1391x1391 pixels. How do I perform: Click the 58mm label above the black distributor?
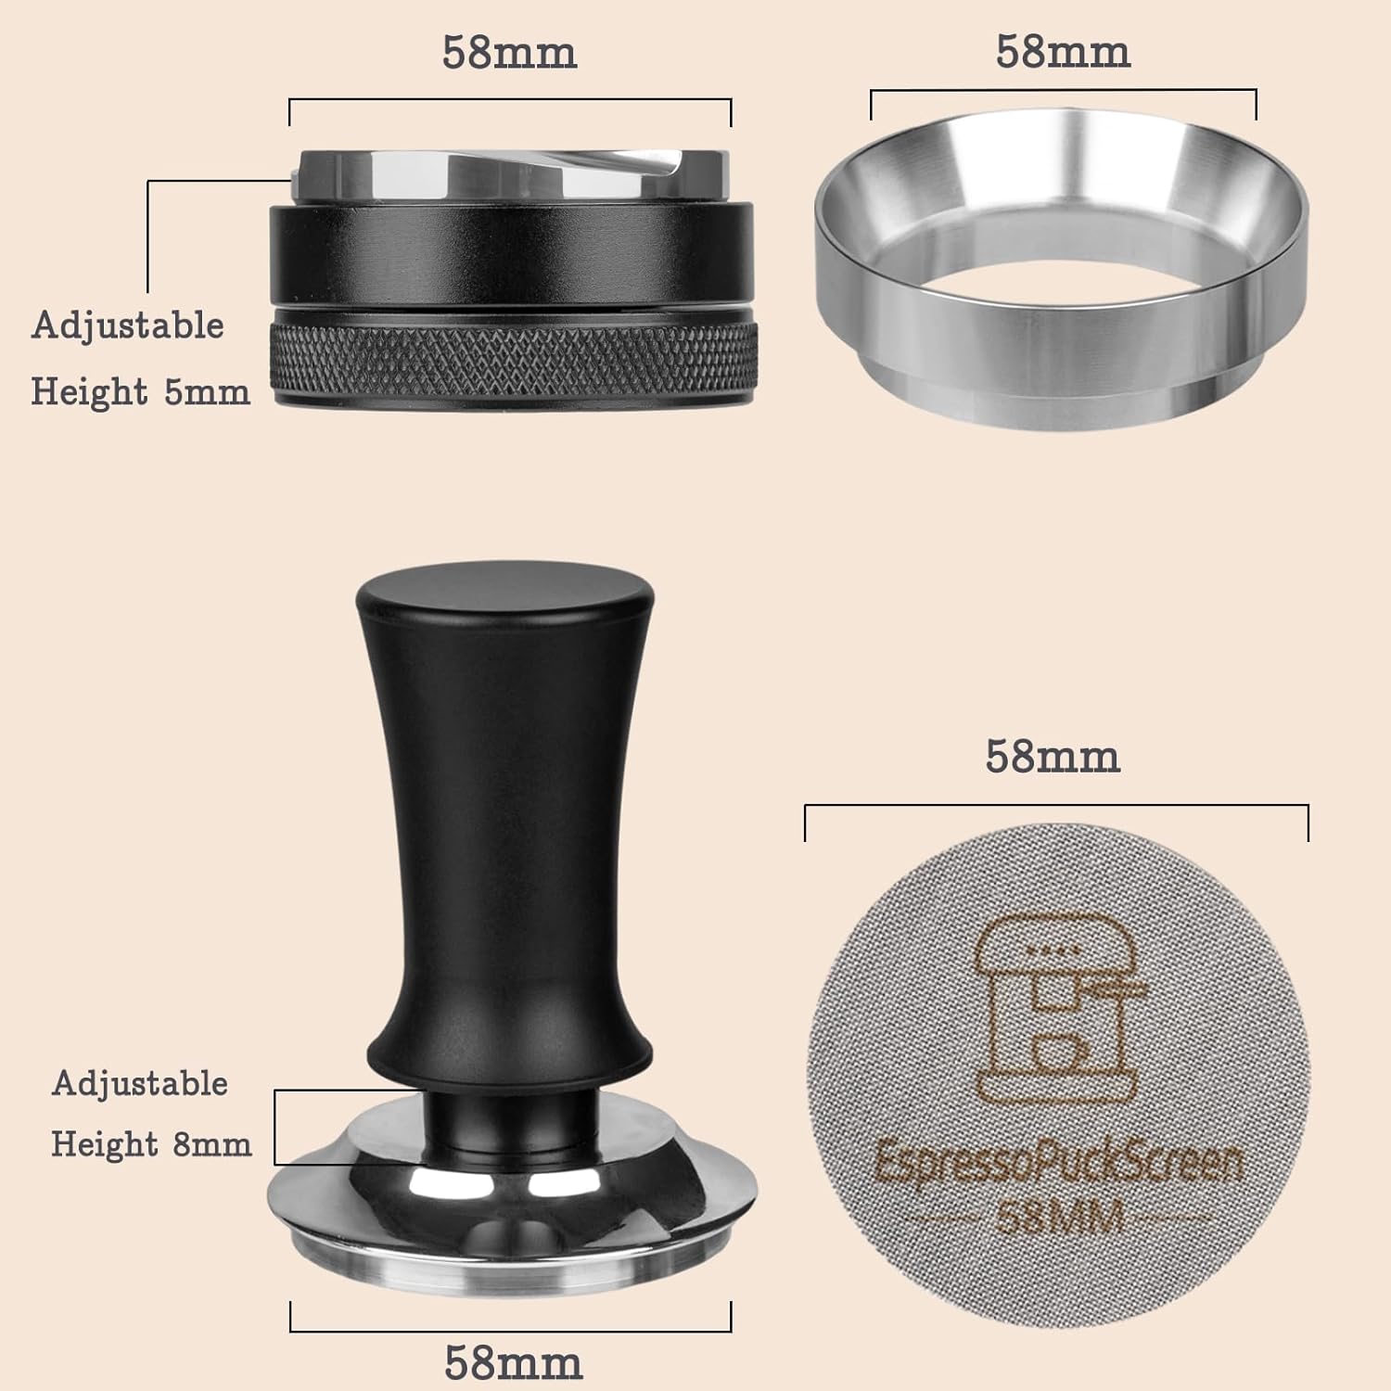(509, 53)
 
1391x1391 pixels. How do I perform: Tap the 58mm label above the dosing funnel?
(1063, 53)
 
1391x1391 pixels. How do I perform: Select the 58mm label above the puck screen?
(1053, 757)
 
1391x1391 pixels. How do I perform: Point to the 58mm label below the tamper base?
(513, 1362)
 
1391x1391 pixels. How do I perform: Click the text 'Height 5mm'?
(140, 392)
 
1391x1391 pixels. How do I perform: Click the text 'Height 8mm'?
(151, 1144)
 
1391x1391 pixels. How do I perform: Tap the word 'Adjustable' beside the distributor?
(128, 325)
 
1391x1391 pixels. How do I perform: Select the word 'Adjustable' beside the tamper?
(140, 1083)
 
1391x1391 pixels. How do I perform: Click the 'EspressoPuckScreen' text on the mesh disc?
(1057, 1163)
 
